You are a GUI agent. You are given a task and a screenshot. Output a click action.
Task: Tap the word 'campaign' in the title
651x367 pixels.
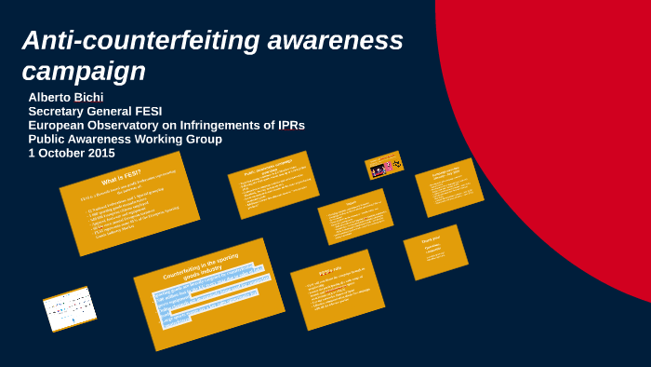84,71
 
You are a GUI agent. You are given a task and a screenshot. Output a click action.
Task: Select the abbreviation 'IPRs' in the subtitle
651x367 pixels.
284,126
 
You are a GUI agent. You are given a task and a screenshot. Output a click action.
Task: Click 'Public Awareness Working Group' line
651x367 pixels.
125,140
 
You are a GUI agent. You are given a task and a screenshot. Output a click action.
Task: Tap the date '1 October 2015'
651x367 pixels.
72,154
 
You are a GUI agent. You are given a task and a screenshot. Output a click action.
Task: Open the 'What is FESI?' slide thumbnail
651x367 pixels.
129,204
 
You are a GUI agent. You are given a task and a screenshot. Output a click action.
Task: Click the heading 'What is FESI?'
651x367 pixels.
122,177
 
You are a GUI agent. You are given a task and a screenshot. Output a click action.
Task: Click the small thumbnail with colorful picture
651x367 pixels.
384,166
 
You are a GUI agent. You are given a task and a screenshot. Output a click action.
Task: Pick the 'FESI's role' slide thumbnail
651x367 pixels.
337,289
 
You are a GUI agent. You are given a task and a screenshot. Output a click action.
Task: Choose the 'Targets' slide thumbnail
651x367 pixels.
355,217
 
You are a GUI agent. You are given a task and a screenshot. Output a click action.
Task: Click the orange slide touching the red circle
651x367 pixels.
448,186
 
